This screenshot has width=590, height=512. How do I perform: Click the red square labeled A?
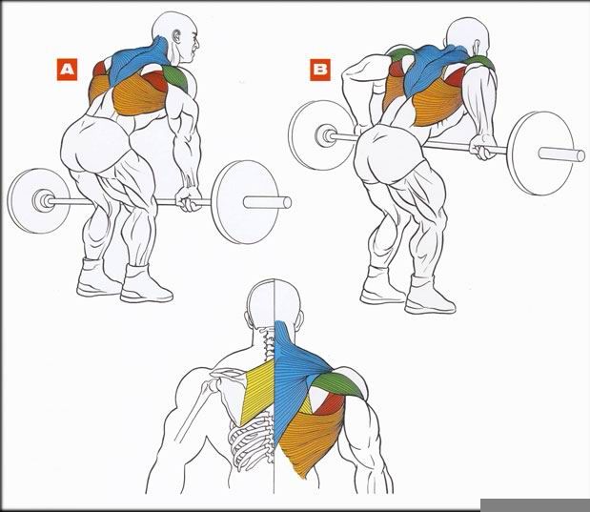(68, 70)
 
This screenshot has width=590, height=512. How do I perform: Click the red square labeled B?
(320, 70)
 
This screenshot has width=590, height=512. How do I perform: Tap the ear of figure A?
(176, 36)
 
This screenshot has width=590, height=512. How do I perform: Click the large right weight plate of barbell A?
(245, 202)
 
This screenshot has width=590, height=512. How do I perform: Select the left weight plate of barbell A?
(36, 200)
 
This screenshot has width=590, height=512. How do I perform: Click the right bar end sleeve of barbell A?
(267, 202)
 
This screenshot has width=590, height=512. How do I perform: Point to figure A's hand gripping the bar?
(188, 198)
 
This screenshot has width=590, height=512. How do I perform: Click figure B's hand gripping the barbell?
(482, 148)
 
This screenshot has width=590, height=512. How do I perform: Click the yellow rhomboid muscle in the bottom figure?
(259, 392)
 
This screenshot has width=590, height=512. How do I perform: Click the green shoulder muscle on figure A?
(176, 77)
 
